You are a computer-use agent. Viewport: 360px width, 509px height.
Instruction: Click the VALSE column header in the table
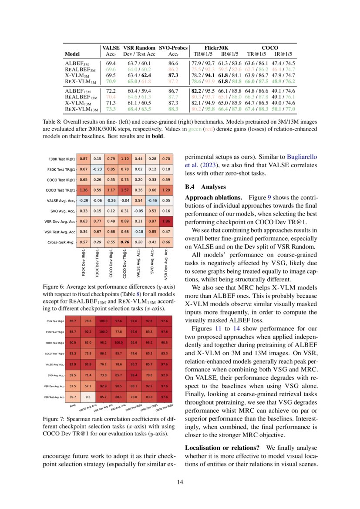(111, 47)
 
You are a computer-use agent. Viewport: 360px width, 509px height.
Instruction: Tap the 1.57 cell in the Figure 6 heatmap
(125, 189)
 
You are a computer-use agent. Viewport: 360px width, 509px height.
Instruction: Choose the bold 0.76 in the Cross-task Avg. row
(125, 242)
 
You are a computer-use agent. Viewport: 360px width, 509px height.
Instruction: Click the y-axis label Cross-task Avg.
(62, 242)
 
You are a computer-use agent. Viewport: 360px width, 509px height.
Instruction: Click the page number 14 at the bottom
(180, 482)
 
